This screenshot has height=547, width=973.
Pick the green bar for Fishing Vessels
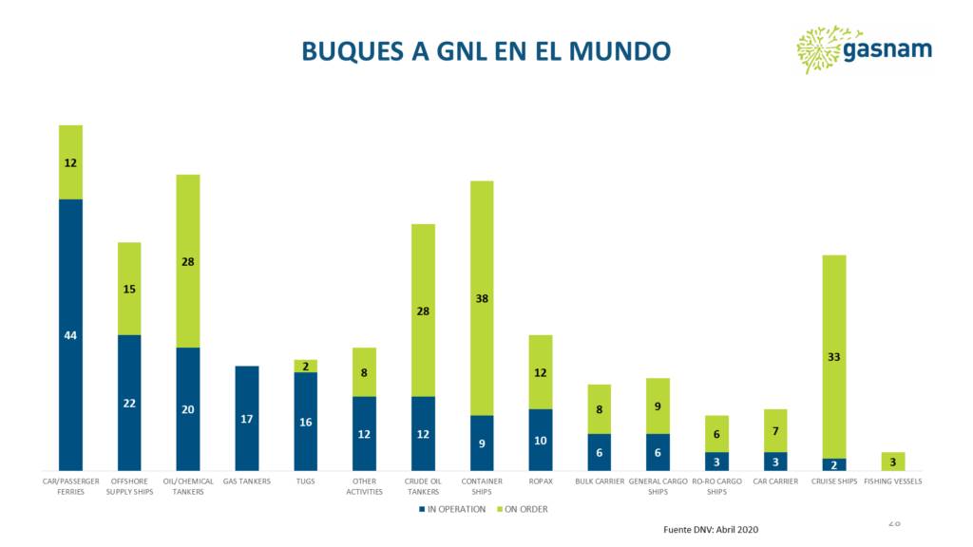[892, 461]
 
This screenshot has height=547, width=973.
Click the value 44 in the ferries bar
[70, 335]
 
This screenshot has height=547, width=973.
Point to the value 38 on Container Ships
[482, 298]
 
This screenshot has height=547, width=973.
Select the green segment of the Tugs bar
[305, 366]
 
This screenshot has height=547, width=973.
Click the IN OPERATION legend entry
[452, 509]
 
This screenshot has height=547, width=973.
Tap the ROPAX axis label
[541, 481]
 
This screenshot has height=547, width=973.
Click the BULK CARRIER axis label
[600, 481]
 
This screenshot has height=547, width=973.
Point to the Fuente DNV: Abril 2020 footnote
[711, 529]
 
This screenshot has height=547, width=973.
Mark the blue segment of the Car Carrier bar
[775, 462]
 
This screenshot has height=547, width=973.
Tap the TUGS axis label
[305, 481]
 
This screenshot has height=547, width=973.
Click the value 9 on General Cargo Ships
[658, 406]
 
